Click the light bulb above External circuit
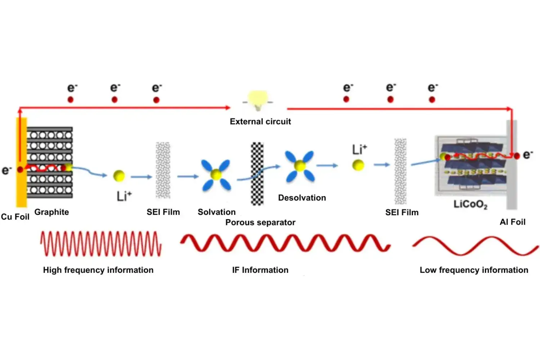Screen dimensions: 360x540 [258, 100]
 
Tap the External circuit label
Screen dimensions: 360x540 [260, 122]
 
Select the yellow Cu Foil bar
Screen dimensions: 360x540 [22, 187]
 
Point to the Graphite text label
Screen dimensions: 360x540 [51, 212]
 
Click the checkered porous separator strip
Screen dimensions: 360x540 [257, 174]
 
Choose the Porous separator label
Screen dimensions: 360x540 [260, 222]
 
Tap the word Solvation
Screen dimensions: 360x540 [217, 212]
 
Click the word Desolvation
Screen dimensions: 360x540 [302, 198]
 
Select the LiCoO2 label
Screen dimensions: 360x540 [470, 204]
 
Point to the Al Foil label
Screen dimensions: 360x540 [512, 222]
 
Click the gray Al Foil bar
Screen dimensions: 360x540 [512, 180]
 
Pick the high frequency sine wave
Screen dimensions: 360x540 [101, 244]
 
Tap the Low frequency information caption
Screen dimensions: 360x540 [474, 270]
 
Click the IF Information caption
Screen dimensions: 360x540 [260, 270]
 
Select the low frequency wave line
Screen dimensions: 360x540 [475, 246]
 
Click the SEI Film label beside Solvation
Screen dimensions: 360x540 [163, 212]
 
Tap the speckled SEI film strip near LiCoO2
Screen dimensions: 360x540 [400, 171]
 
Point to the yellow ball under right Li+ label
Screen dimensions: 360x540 [358, 165]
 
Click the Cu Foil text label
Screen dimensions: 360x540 [15, 217]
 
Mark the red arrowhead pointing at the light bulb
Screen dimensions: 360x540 [228, 107]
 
